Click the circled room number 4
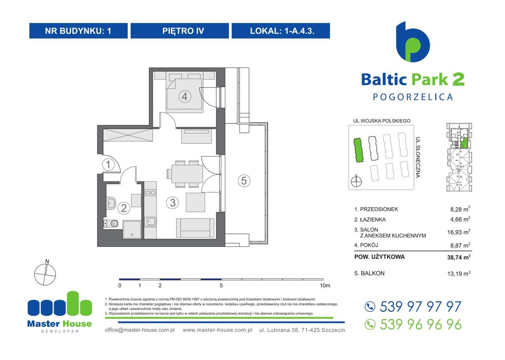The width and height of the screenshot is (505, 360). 185,96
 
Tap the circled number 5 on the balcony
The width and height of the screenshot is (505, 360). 244,181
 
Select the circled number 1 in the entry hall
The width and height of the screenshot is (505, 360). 108,164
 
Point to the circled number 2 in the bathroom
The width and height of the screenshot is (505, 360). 124,208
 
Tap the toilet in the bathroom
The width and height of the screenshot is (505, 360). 111,224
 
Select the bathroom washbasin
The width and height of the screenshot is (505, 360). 111,204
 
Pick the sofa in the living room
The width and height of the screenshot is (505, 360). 195,228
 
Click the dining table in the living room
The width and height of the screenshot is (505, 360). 185,174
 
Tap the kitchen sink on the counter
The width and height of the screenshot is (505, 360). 150,221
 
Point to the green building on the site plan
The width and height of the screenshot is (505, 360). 358,150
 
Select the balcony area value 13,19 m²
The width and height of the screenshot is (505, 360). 459,273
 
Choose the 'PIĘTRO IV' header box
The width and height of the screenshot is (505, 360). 180,31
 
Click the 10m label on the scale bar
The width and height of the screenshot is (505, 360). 325,285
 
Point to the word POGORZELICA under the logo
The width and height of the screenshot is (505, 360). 413,97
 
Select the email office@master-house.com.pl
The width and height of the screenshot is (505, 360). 140,330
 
